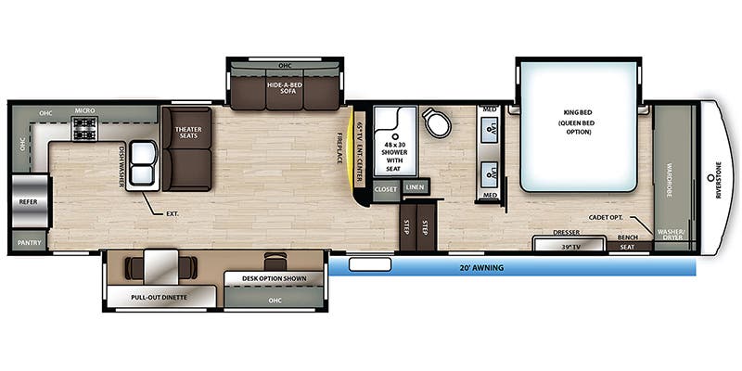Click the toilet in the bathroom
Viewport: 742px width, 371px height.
click(434, 123)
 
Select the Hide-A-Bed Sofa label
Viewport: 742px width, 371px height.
click(287, 89)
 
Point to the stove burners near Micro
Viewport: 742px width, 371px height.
click(85, 129)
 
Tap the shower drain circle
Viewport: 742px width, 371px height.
click(394, 134)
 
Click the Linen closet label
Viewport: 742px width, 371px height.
click(414, 187)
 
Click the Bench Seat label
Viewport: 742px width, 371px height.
click(628, 242)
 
